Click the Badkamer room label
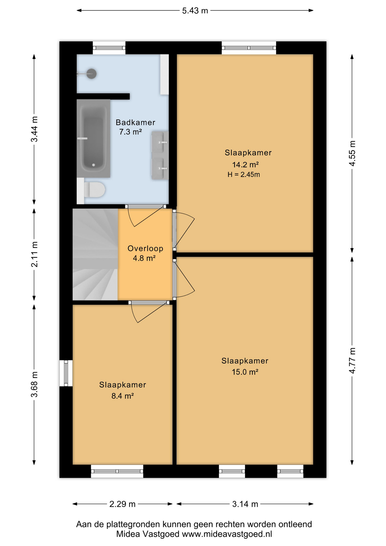135,123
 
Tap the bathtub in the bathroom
93,138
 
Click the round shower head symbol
92,74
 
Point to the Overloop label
145,249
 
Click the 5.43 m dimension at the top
195,11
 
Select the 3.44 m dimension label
34,129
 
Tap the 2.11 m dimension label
34,255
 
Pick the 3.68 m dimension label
34,384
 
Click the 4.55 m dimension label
352,153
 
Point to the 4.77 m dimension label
352,361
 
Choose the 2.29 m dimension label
123,504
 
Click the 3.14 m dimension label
245,504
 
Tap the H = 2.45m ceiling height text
244,175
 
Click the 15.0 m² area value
245,372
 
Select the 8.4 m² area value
123,396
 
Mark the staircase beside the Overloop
95,255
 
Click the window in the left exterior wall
66,373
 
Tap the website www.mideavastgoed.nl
227,534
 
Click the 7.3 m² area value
130,132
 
